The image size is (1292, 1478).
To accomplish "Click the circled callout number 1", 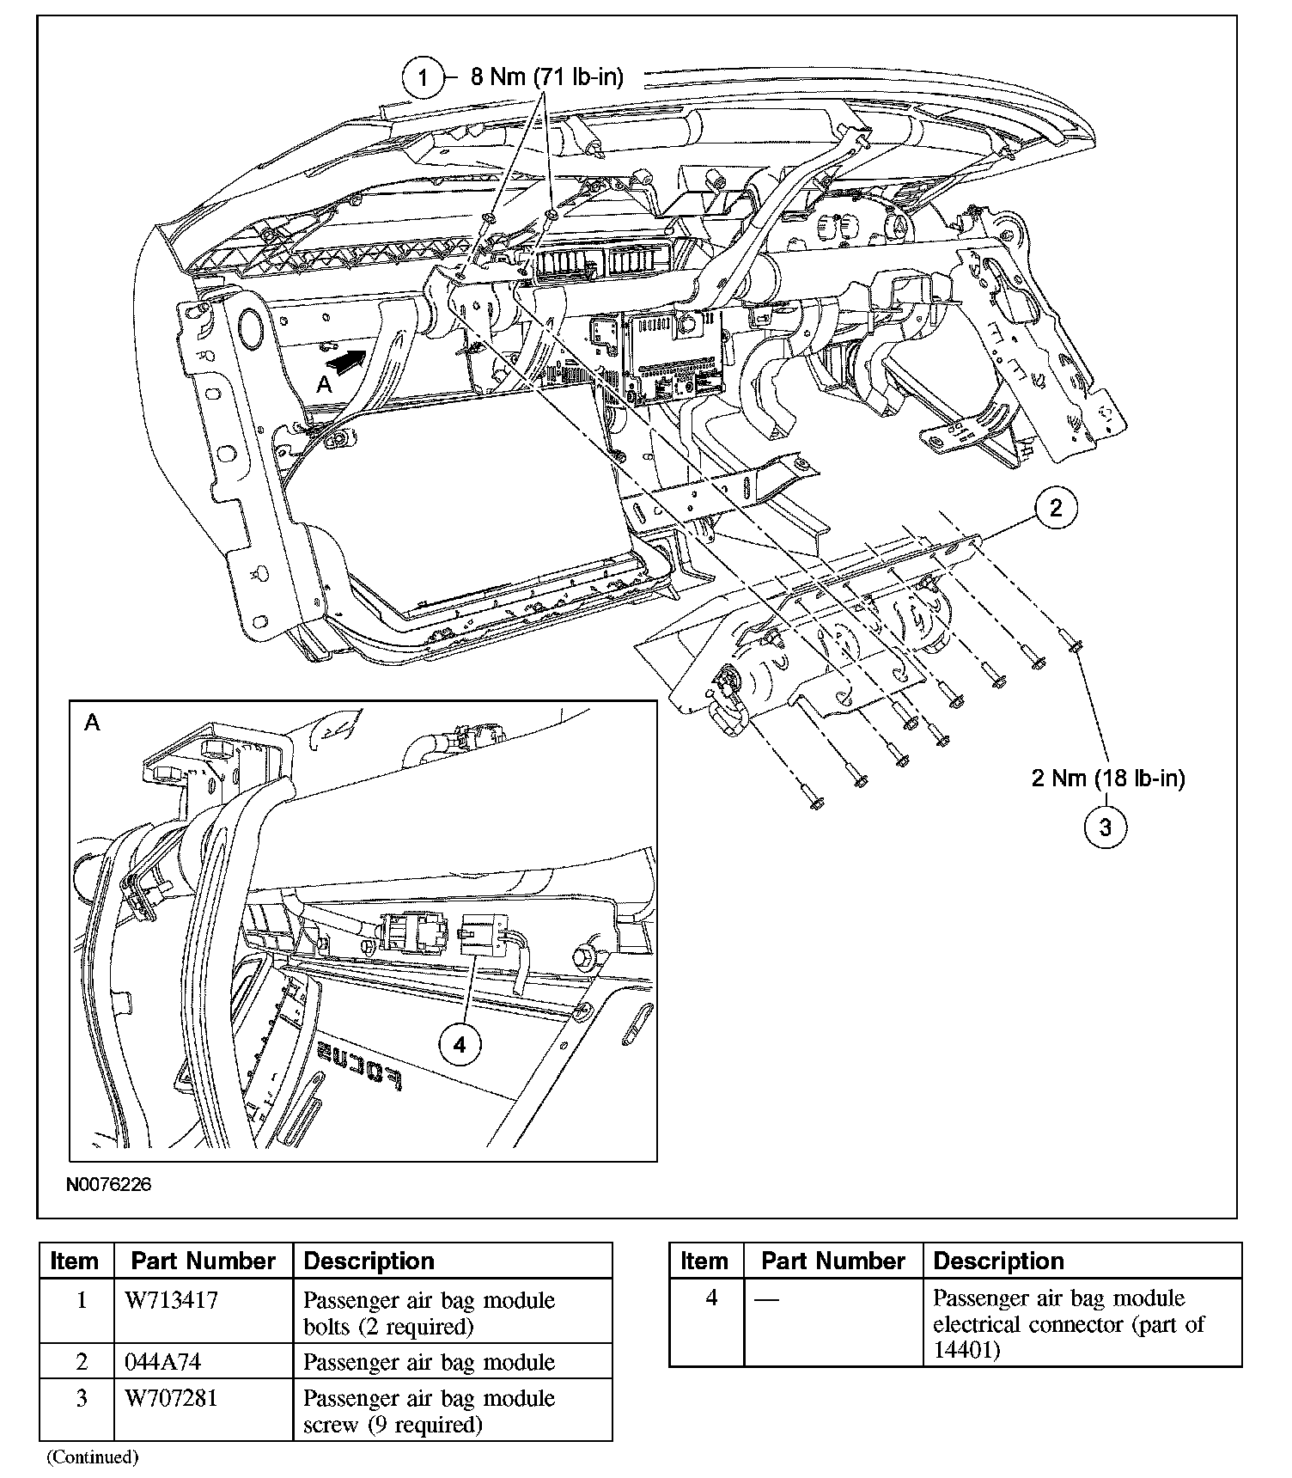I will [x=422, y=78].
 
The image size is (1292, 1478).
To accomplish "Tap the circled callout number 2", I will [x=1056, y=508].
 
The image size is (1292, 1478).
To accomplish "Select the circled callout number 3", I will [x=1105, y=828].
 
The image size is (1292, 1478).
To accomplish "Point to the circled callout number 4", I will [x=460, y=1044].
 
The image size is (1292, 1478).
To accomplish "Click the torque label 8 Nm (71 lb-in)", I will [x=546, y=77].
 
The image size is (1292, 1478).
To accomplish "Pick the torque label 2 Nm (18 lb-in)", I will [x=1108, y=779].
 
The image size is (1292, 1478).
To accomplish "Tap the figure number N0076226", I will [x=108, y=1184].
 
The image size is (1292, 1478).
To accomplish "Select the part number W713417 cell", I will [x=172, y=1300].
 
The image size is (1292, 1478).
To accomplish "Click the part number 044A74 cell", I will [x=163, y=1362].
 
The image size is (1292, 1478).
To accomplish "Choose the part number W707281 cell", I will [x=172, y=1398].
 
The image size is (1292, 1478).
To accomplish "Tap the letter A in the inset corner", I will [x=92, y=723].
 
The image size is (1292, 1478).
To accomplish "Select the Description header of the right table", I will [x=998, y=1261].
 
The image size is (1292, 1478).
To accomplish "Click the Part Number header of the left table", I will [x=203, y=1261].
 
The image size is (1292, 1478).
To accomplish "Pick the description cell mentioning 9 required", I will [x=430, y=1411].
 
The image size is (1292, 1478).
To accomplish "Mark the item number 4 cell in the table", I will [x=710, y=1298].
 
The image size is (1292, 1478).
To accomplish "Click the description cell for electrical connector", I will [x=1069, y=1323].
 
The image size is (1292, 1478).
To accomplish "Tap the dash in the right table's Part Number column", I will [x=766, y=1299].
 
